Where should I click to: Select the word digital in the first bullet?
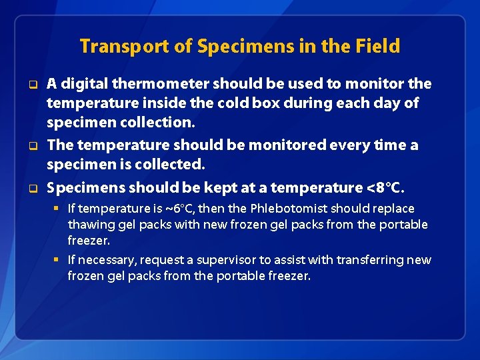point(83,84)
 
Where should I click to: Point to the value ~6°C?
point(183,209)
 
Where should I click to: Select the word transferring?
point(370,260)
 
